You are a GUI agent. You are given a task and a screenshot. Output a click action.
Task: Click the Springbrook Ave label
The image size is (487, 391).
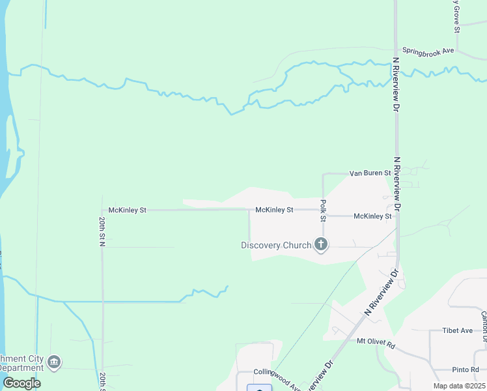tap(428, 50)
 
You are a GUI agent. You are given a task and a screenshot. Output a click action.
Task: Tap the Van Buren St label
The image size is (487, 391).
tap(369, 173)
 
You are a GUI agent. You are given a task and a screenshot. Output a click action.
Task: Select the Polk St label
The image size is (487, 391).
tap(323, 210)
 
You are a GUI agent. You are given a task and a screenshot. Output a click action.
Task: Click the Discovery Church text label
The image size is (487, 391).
tap(276, 246)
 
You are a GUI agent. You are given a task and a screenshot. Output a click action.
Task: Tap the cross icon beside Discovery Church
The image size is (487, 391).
tap(320, 245)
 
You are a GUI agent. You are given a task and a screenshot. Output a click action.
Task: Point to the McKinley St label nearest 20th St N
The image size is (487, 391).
tap(128, 210)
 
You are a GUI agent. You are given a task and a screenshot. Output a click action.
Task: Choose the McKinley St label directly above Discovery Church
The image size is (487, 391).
tap(274, 210)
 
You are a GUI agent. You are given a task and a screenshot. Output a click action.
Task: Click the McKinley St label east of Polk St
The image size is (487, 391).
tap(372, 216)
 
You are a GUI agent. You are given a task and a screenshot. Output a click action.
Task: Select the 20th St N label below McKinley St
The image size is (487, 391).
tap(102, 231)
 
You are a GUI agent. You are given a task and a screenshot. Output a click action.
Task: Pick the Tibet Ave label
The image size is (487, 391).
tap(457, 330)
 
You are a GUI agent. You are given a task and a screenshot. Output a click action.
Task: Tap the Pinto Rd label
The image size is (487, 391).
tap(465, 369)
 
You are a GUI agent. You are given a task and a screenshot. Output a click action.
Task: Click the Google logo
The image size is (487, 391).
tap(21, 383)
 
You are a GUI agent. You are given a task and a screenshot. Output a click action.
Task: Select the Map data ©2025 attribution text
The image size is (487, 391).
tap(460, 386)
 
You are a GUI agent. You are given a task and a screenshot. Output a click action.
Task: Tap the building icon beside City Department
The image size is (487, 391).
tap(55, 362)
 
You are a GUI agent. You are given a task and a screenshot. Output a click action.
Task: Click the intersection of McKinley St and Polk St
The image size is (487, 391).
tap(324, 216)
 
